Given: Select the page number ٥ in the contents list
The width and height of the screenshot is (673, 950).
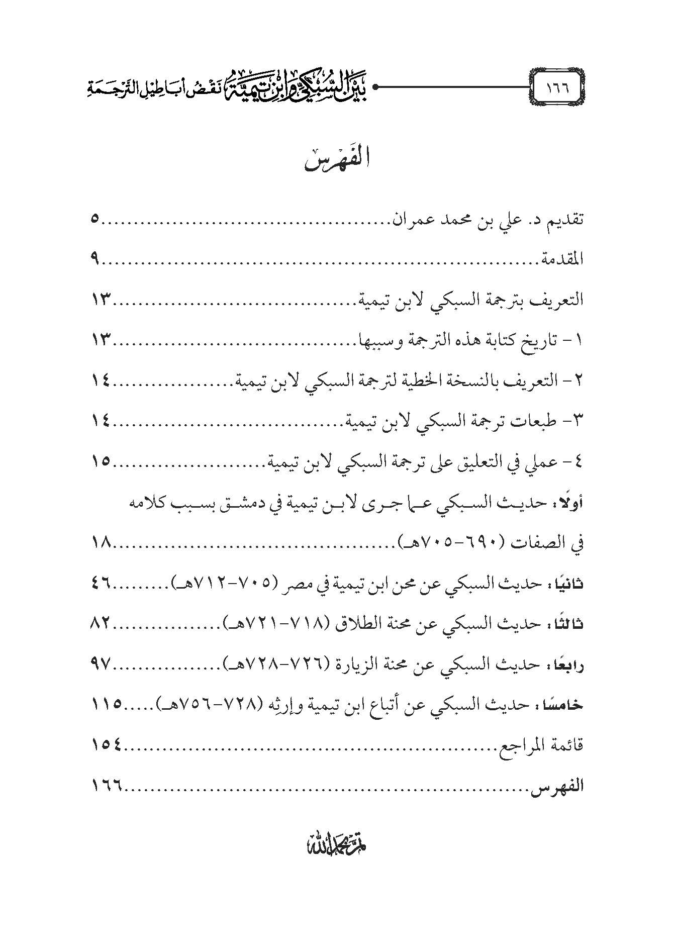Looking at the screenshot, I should (x=96, y=220).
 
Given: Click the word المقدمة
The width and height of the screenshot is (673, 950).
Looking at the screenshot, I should (x=561, y=260).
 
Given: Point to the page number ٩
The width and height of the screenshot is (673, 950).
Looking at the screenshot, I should (x=96, y=260).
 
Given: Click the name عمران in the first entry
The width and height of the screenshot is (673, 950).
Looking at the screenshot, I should (x=407, y=220).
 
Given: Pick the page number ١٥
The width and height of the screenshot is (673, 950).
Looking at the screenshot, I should (x=103, y=461).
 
